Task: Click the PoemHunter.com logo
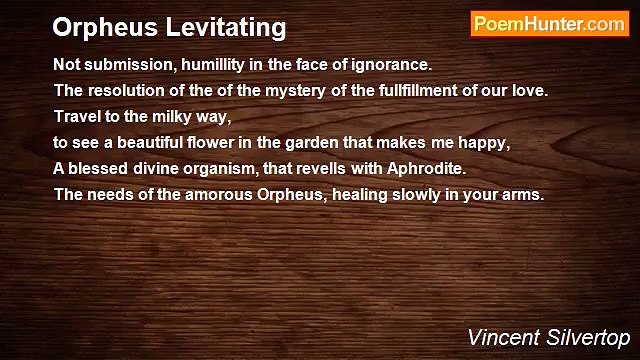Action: point(549,24)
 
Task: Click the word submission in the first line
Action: point(124,65)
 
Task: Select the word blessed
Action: point(97,169)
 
